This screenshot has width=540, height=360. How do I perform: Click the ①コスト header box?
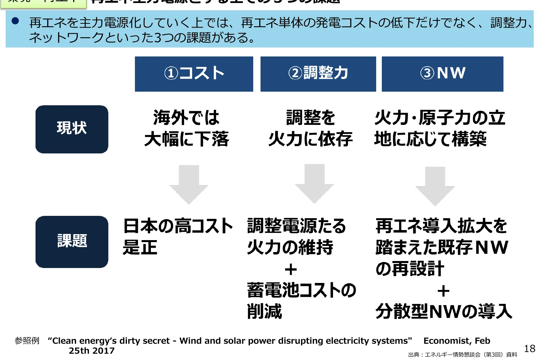194,74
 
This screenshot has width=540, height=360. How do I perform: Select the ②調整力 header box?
318,74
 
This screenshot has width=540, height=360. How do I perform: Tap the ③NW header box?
442,74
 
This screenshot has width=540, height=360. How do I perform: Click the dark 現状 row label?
72,129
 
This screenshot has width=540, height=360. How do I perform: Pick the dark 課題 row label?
72,241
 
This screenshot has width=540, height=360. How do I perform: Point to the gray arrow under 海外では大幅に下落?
189,184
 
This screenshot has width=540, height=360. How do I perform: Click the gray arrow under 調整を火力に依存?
314,183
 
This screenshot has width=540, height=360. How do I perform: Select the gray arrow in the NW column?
435,186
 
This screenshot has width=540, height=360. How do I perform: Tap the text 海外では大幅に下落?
186,128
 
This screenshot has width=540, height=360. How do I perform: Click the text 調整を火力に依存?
310,128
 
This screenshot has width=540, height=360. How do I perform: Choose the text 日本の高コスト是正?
177,236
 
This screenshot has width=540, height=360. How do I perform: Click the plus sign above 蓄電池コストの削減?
291,269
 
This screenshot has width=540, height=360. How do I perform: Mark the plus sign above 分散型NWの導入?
443,291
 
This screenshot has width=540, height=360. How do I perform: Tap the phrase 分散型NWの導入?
444,312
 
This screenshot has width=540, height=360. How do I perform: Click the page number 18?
529,348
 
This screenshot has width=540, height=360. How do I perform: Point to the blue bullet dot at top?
15,21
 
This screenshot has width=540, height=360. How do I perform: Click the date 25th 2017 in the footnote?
92,351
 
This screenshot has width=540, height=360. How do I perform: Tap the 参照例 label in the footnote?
27,341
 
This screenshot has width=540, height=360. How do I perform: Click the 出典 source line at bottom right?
463,355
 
